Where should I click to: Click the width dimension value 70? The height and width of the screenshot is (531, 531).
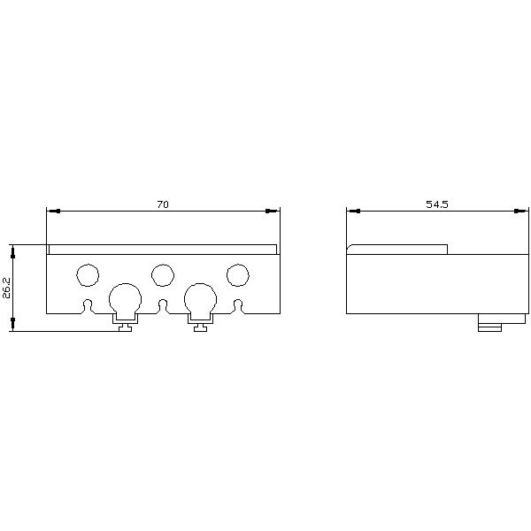tap(163, 204)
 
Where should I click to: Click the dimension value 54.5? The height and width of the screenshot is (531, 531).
tap(437, 204)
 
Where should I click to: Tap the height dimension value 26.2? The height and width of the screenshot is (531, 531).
tap(7, 289)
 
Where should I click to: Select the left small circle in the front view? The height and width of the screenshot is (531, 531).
tap(88, 275)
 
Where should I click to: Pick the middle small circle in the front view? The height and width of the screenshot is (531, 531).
tap(162, 275)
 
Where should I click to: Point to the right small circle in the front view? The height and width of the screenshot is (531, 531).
tap(237, 275)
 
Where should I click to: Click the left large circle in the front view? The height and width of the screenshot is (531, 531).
tap(125, 298)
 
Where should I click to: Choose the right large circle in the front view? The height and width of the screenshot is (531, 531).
tap(200, 298)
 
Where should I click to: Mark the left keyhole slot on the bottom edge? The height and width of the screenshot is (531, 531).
tap(87, 306)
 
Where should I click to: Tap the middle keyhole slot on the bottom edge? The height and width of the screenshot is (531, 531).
tap(162, 306)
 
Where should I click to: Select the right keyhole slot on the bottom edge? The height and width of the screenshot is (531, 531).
tap(237, 306)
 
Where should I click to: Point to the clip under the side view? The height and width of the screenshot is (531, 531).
tap(489, 323)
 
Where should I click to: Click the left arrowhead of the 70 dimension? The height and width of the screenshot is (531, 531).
tap(52, 211)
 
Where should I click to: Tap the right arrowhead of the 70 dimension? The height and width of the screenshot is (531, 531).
tap(273, 211)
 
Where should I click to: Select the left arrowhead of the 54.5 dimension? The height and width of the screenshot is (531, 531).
tap(352, 211)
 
